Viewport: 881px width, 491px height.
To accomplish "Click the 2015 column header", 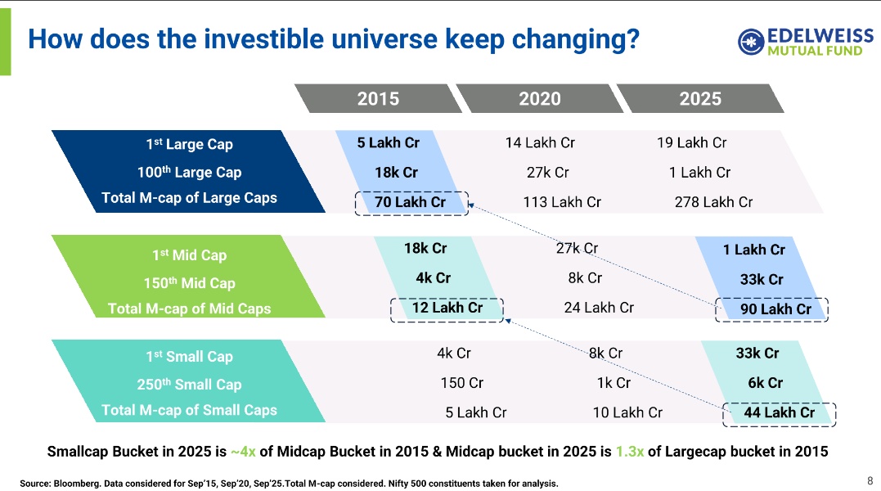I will click(x=378, y=99).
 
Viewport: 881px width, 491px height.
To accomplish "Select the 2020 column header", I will click(x=540, y=99).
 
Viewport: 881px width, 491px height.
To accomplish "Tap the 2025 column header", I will click(x=700, y=99).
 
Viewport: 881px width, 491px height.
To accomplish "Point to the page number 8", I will click(x=870, y=480).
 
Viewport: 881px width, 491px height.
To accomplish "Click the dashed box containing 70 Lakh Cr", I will click(x=411, y=202).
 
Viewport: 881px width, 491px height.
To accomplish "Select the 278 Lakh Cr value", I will click(x=713, y=202).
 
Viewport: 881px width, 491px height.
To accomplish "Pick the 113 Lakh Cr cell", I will click(x=562, y=202).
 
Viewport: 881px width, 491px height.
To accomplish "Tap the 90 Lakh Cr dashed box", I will click(x=772, y=309).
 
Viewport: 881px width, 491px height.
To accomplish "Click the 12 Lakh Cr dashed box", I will click(x=447, y=309).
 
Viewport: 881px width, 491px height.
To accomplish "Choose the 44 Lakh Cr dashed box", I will click(x=779, y=413).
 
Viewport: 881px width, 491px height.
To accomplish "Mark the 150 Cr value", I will click(x=462, y=383).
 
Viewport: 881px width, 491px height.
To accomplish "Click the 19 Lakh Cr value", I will click(x=691, y=143).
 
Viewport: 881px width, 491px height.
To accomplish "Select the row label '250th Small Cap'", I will click(x=189, y=385).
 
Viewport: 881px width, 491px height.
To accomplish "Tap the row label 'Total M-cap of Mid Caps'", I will click(x=189, y=309).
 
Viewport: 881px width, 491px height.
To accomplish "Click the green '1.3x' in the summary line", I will click(x=628, y=452).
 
